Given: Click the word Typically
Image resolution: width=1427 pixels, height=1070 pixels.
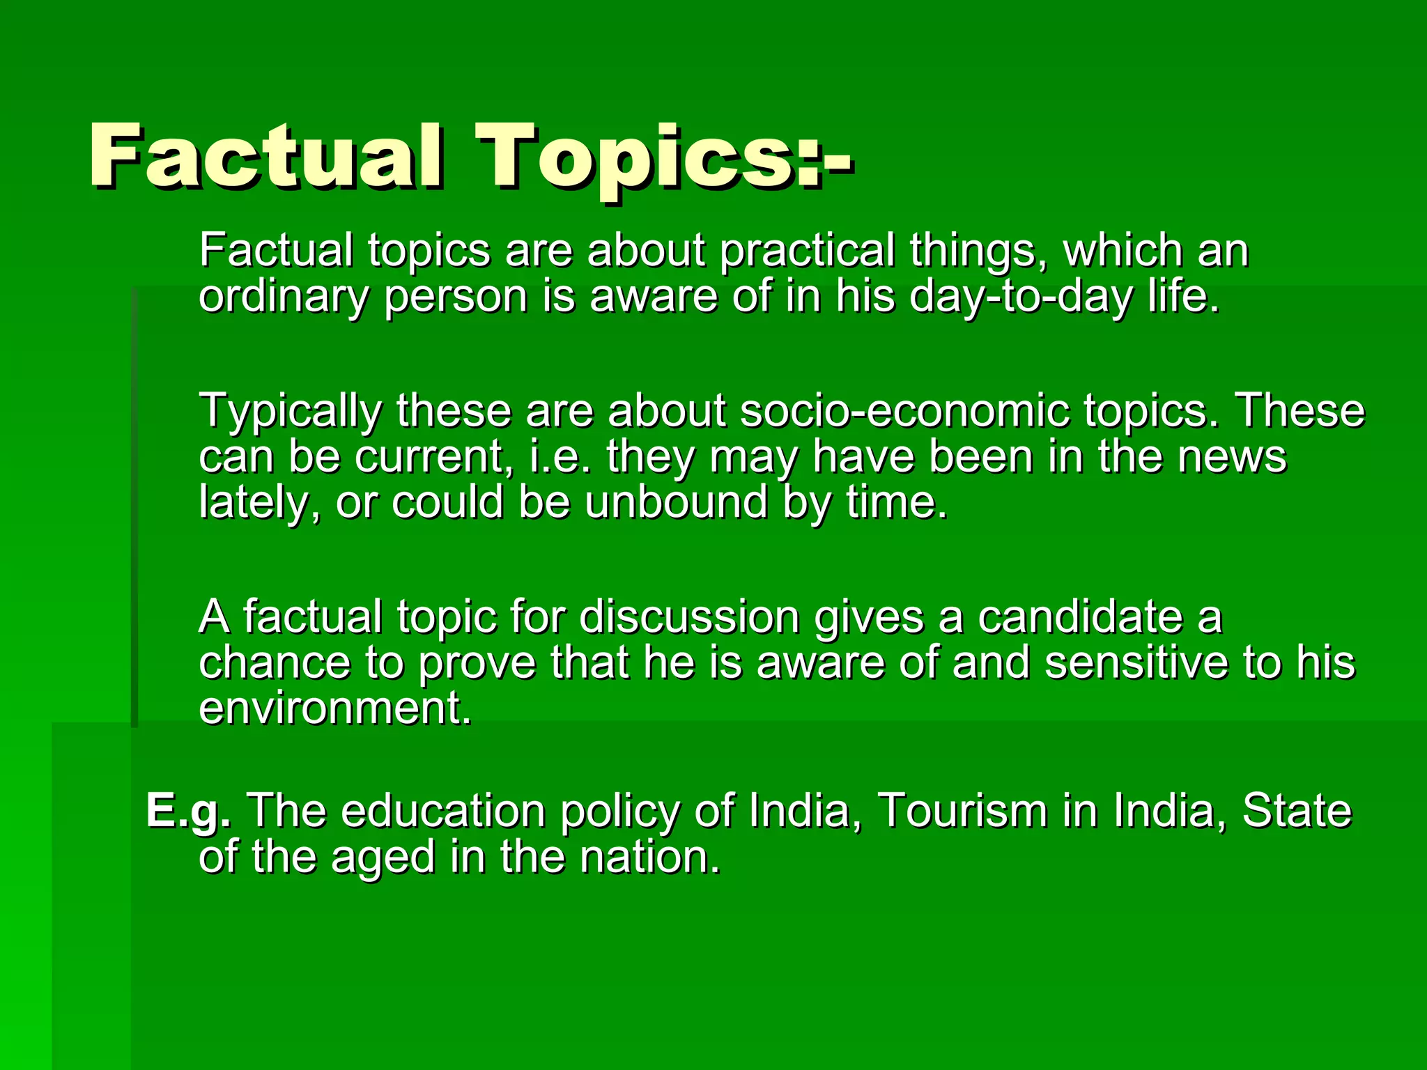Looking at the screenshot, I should tap(290, 411).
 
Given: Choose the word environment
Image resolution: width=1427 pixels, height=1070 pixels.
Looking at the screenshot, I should tap(334, 708).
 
